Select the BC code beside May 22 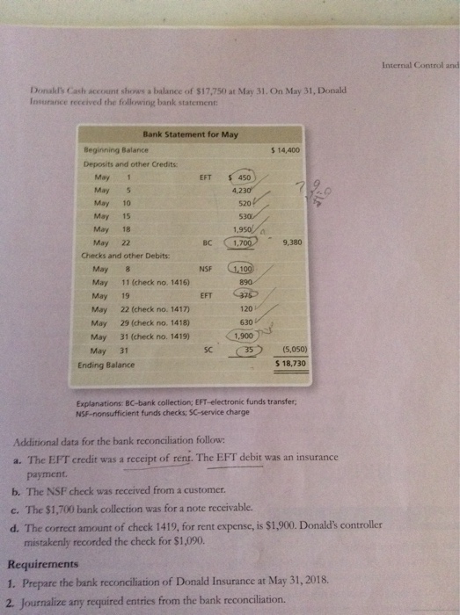(x=207, y=242)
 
